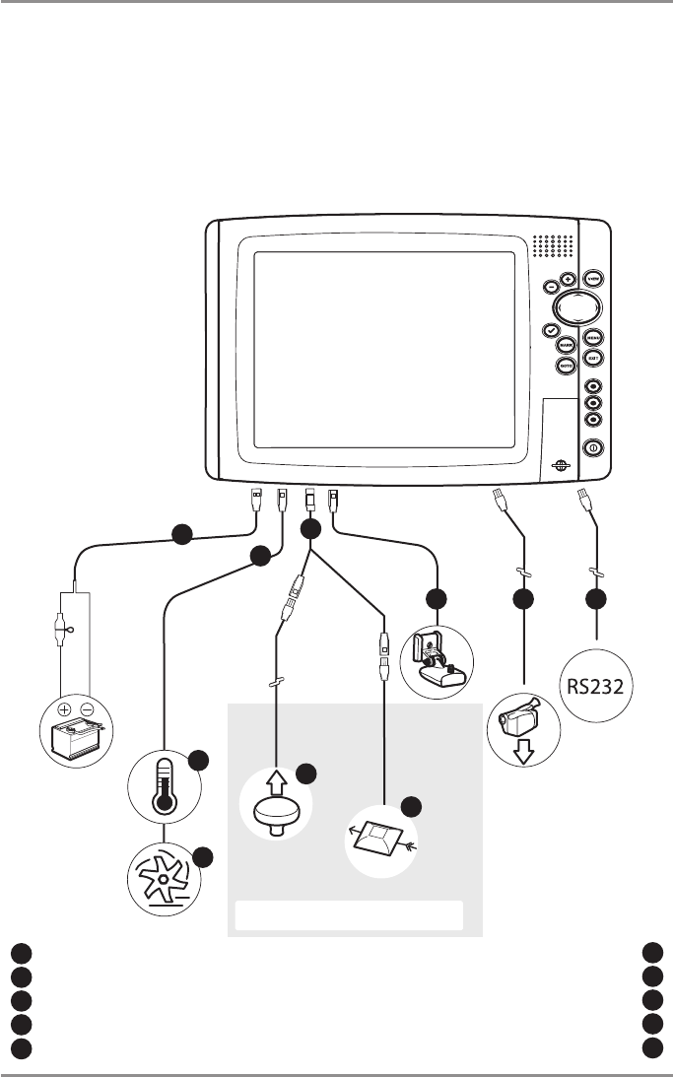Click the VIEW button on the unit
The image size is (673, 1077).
pyautogui.click(x=593, y=279)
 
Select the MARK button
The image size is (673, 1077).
pyautogui.click(x=566, y=346)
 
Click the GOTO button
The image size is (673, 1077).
pyautogui.click(x=566, y=366)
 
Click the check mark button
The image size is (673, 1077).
pyautogui.click(x=552, y=331)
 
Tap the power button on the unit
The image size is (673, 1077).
pyautogui.click(x=593, y=447)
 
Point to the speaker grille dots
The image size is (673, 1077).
pyautogui.click(x=555, y=245)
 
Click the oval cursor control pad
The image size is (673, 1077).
pyautogui.click(x=576, y=307)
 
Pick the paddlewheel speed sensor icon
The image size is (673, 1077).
pyautogui.click(x=165, y=876)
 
